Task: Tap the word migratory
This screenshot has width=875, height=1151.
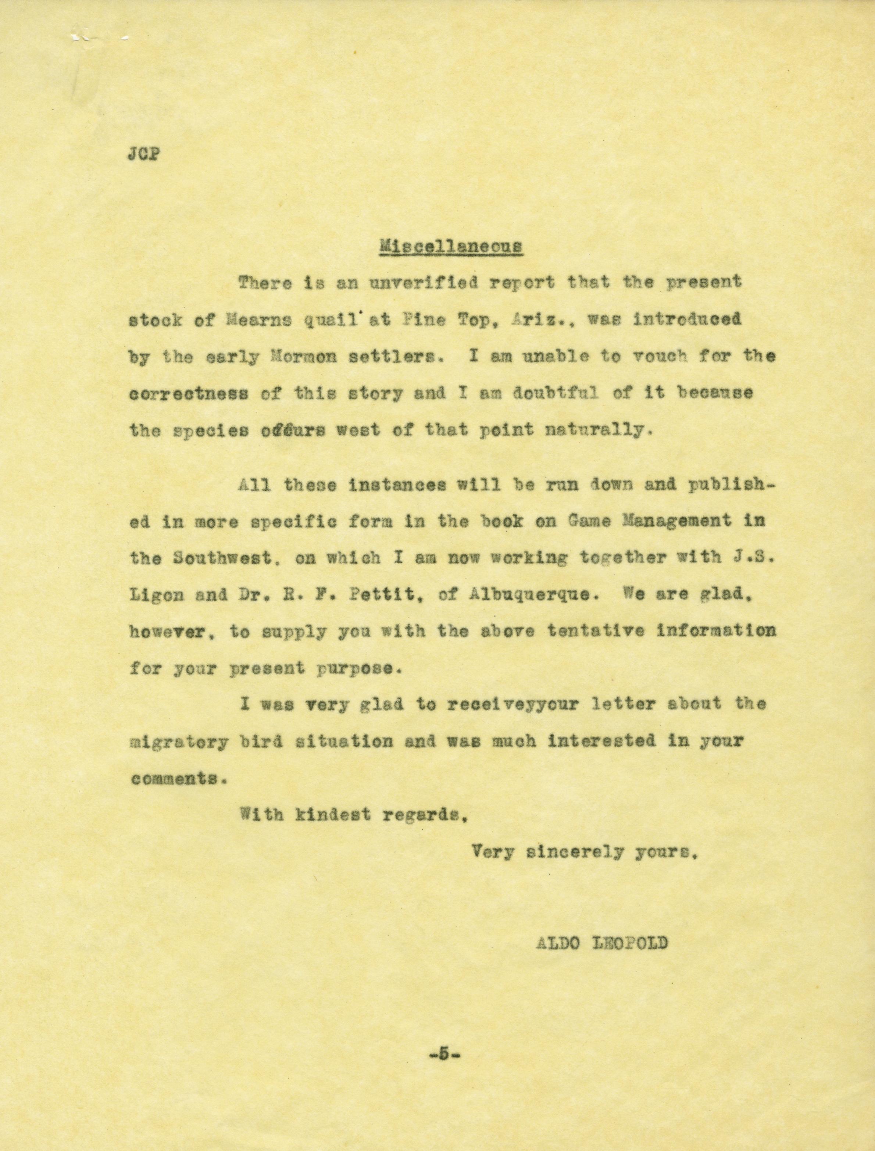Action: click(x=178, y=741)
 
